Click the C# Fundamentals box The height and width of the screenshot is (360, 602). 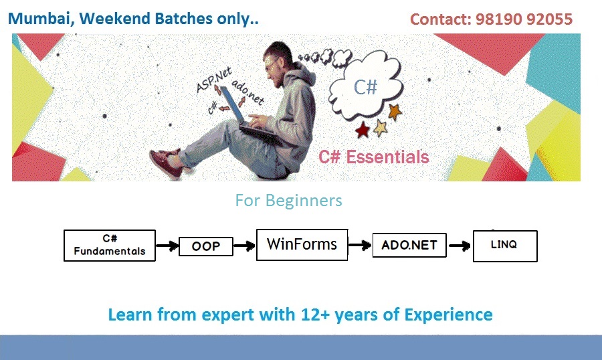pyautogui.click(x=110, y=246)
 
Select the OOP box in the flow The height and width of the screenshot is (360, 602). pyautogui.click(x=206, y=246)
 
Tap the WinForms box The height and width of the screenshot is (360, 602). pyautogui.click(x=302, y=245)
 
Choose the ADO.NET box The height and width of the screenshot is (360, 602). pyautogui.click(x=409, y=245)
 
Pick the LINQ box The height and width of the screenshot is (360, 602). pyautogui.click(x=505, y=246)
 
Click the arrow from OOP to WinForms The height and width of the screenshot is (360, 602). pyautogui.click(x=245, y=246)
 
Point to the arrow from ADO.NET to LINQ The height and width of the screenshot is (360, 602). pyautogui.click(x=460, y=246)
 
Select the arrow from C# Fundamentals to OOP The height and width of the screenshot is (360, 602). pyautogui.click(x=167, y=246)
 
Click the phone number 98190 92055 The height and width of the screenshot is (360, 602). pyautogui.click(x=524, y=19)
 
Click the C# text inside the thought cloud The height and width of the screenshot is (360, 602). pyautogui.click(x=365, y=87)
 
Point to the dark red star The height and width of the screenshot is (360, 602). pyautogui.click(x=363, y=130)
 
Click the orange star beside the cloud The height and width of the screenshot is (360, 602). pyautogui.click(x=394, y=112)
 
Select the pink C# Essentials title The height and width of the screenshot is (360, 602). pyautogui.click(x=373, y=157)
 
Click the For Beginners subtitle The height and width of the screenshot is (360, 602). pyautogui.click(x=288, y=201)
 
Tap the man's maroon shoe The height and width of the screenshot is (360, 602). pyautogui.click(x=165, y=163)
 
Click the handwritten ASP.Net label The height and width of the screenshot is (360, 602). pyautogui.click(x=213, y=80)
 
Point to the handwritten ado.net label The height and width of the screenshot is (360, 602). pyautogui.click(x=248, y=92)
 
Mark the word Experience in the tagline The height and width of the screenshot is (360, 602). pyautogui.click(x=448, y=315)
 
